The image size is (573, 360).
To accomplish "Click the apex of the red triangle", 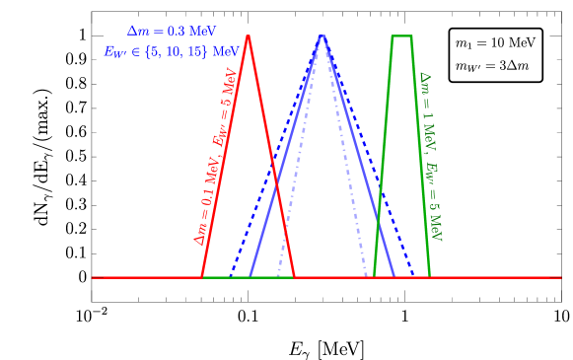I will point(248,36).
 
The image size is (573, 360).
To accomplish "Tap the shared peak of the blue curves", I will point(322,36).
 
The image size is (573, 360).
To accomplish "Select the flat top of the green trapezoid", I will point(401,36).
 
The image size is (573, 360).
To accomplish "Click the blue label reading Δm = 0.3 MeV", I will point(172,32).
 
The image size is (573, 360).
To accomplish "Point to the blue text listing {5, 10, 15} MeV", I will point(172,51).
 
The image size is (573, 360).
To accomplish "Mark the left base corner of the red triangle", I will point(202,277).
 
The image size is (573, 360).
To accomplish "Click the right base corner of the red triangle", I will point(294,277).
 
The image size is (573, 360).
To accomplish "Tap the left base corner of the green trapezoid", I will point(374,277).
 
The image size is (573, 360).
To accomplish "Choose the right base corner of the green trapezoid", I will point(430,277).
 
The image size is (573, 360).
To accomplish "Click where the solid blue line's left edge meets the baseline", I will point(250,277).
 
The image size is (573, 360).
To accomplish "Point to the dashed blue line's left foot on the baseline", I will point(230,277).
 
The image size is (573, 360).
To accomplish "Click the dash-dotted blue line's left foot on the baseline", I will point(277,277).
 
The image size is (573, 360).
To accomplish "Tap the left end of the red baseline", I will point(93,277).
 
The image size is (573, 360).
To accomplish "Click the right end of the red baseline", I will point(560,277).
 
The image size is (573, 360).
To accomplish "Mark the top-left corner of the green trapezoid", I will point(393,36).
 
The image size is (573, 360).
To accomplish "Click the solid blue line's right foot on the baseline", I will point(394,277).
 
